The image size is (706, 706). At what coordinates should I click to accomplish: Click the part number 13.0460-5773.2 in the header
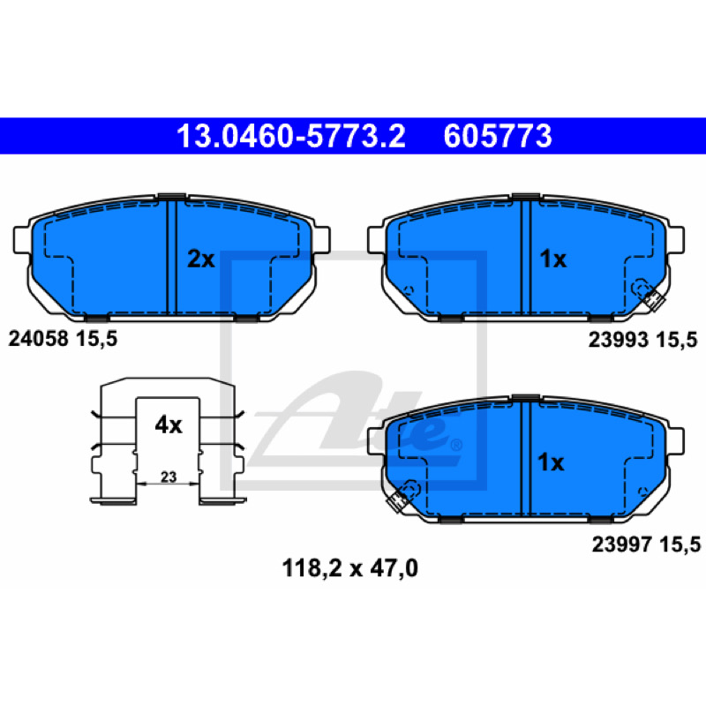point(291,136)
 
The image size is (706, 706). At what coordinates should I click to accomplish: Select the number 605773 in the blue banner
point(498,136)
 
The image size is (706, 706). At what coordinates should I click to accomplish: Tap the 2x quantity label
point(201,259)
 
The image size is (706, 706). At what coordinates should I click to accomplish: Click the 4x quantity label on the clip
point(169,424)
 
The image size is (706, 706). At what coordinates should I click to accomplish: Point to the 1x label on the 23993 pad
point(553,259)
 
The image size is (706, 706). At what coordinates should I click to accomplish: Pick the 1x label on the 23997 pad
point(551,462)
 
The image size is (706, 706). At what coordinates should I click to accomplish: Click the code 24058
point(38,339)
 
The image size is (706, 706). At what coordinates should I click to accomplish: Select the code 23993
point(619,340)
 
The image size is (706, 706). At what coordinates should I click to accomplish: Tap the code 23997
point(622,545)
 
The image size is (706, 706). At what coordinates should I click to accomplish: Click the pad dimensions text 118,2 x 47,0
point(349,568)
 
